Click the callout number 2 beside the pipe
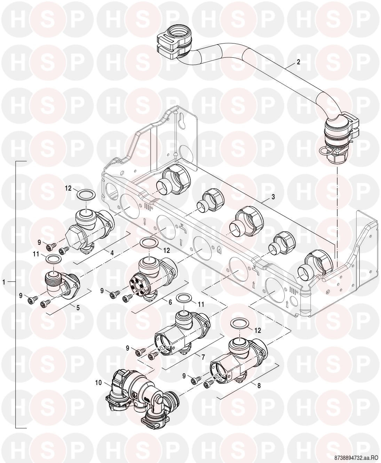(298, 62)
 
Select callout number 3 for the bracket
(273, 197)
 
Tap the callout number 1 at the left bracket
(4, 282)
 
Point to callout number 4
(112, 253)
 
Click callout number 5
(78, 308)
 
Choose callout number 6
(170, 302)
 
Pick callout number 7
(203, 357)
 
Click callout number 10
(98, 382)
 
